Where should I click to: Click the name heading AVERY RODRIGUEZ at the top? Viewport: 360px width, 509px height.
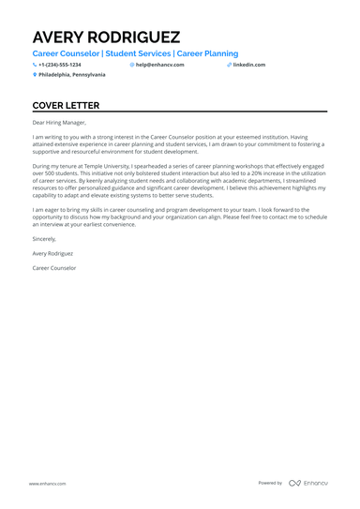pos(106,37)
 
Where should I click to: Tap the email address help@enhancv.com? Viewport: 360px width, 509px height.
pos(160,65)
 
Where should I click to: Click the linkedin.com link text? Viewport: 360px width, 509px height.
pos(249,65)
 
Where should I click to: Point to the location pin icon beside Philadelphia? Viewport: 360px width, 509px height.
pos(35,74)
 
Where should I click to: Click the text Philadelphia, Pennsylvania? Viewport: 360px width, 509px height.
pos(72,74)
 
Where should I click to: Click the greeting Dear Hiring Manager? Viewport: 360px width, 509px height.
pos(59,122)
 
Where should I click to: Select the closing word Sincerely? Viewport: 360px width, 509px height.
pos(45,239)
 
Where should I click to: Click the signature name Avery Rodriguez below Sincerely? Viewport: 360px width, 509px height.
pos(52,253)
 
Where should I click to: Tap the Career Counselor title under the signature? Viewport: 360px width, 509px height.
pos(54,268)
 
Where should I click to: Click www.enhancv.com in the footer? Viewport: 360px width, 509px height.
pos(46,483)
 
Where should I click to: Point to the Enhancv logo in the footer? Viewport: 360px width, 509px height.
pos(307,483)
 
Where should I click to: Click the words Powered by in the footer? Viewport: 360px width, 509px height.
pos(270,483)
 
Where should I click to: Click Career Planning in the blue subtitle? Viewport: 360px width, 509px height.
pos(207,54)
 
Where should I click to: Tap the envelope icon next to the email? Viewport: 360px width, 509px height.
pos(132,65)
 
